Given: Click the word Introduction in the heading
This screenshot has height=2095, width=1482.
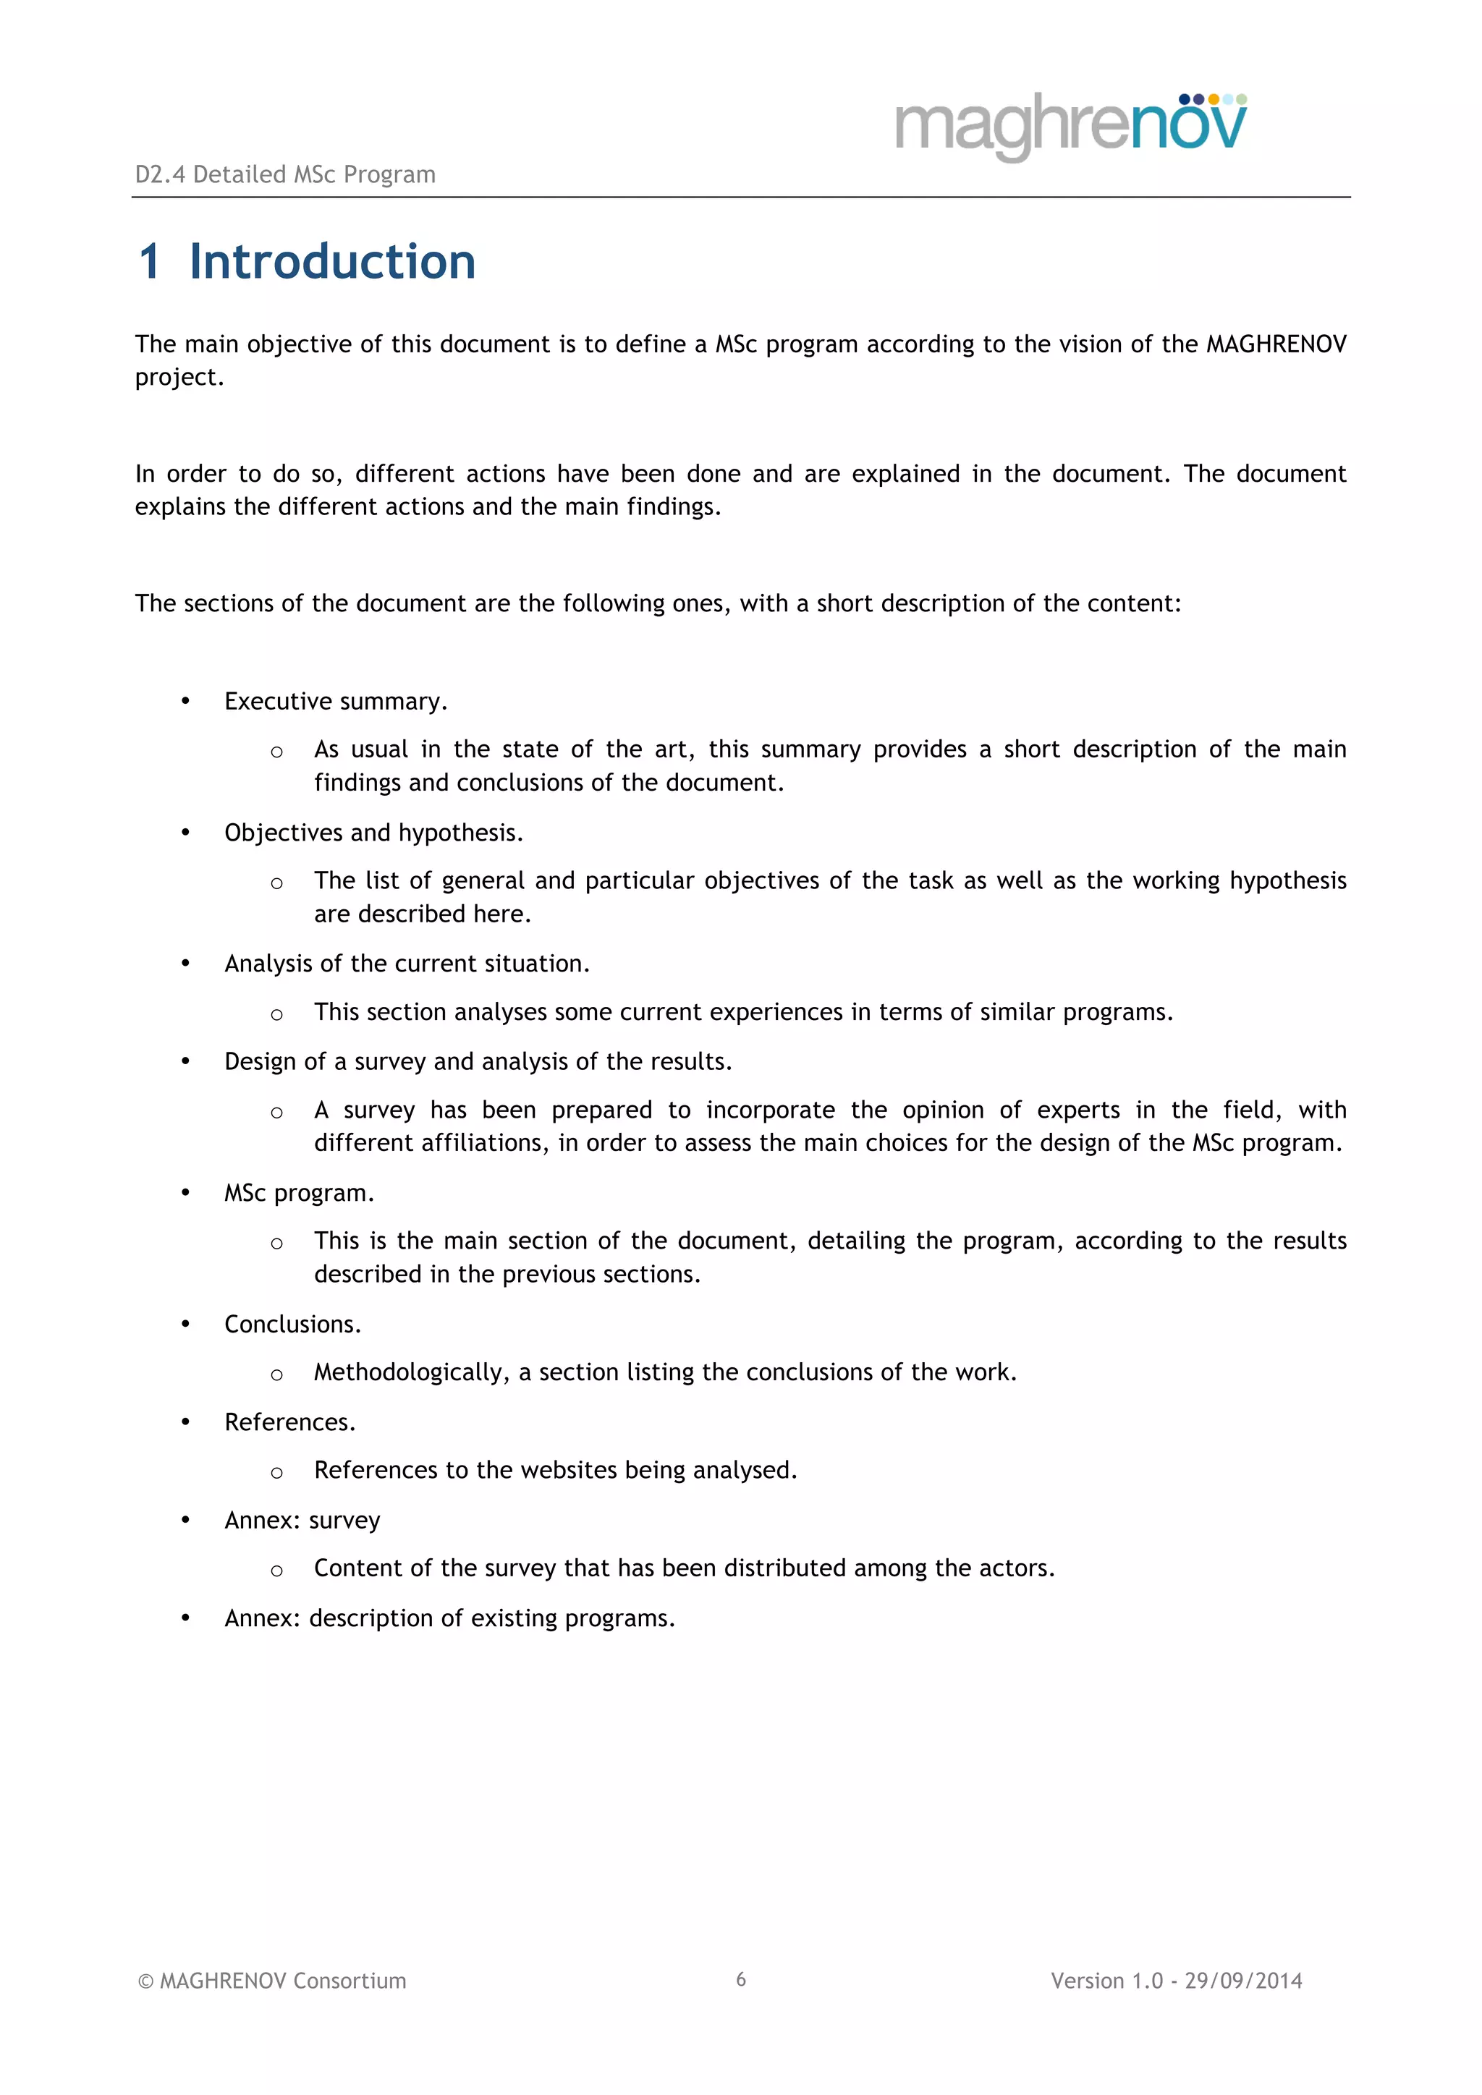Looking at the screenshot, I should (332, 262).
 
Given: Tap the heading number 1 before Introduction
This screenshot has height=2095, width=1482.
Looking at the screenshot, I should (150, 262).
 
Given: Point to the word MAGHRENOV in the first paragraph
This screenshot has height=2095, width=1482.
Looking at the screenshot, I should (1276, 344).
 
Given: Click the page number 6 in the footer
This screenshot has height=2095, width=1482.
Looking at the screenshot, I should (741, 1979).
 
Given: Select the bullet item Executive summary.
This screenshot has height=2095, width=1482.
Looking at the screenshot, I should (336, 702).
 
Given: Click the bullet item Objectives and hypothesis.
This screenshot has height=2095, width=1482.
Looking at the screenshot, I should (373, 833).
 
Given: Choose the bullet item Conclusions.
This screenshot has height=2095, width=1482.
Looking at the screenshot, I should (293, 1325).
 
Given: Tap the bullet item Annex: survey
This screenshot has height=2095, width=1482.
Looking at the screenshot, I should (302, 1520).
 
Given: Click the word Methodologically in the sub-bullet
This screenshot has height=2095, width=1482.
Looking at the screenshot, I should (410, 1372).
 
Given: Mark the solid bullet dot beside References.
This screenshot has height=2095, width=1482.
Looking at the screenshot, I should (185, 1422).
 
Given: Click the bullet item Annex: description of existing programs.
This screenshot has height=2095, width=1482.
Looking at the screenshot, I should (449, 1619).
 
